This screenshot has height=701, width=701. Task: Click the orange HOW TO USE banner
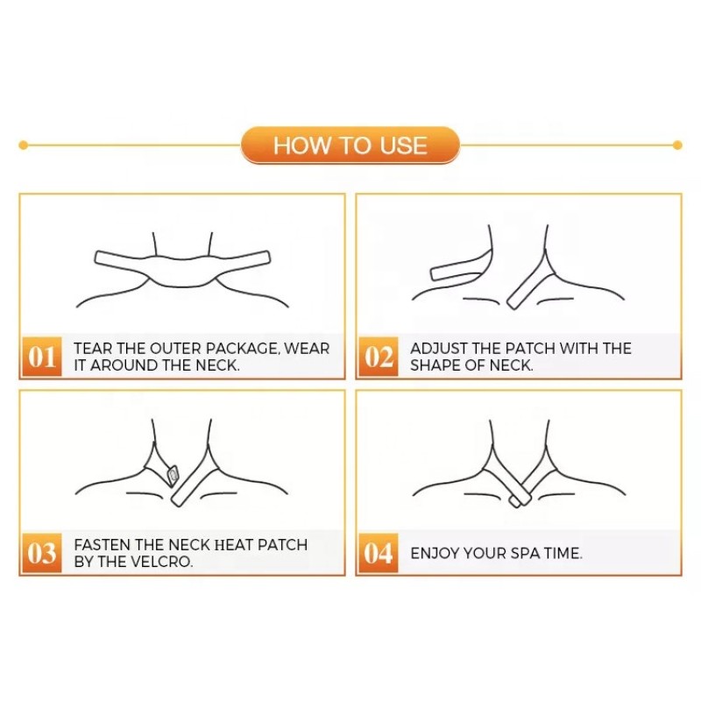click(350, 145)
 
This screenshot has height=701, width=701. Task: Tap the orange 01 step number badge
click(41, 357)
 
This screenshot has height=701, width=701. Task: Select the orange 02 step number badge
click(379, 357)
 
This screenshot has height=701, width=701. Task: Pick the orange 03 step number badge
click(41, 553)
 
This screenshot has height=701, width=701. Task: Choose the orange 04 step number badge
click(379, 553)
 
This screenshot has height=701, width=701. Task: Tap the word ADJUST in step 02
click(433, 348)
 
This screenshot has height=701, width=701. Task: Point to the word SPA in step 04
click(525, 554)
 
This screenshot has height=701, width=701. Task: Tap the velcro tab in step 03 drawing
click(172, 475)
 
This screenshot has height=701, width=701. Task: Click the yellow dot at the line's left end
click(24, 145)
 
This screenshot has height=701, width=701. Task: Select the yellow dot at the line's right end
click(677, 145)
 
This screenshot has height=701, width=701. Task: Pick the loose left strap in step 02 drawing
click(461, 267)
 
